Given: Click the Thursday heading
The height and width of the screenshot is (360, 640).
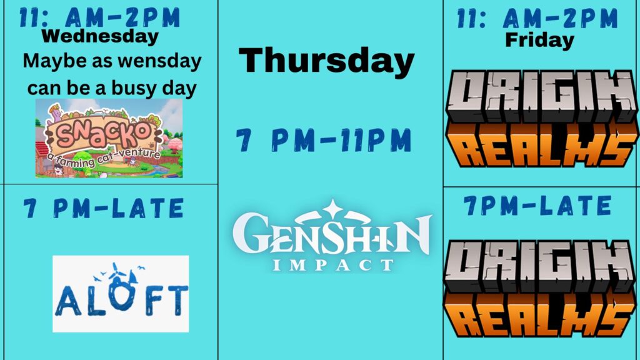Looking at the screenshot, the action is click(x=326, y=61).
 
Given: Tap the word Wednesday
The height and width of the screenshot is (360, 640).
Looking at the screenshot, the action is click(x=99, y=36).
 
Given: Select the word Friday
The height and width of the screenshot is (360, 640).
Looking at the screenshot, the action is click(x=539, y=40).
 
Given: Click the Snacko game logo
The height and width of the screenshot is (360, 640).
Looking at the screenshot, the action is click(x=109, y=138).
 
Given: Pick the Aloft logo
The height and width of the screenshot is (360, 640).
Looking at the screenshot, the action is click(x=121, y=294).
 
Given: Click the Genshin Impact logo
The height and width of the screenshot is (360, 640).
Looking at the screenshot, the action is click(x=332, y=236).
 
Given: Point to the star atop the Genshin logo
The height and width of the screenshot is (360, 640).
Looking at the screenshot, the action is click(x=332, y=208).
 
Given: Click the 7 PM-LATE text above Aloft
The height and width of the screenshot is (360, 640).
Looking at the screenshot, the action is click(x=104, y=208).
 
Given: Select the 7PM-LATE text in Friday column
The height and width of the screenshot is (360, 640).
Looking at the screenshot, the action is click(x=538, y=205).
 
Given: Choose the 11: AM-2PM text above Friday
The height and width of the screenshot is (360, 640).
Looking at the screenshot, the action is click(x=537, y=18).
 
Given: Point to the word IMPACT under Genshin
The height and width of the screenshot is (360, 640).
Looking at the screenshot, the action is click(x=332, y=265).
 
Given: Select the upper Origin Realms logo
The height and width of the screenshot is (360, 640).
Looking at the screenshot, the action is click(x=542, y=118).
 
